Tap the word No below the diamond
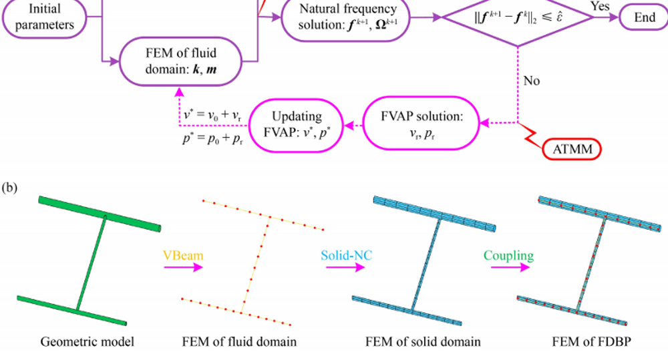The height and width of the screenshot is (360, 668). click(x=532, y=81)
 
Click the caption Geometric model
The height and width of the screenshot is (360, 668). click(x=87, y=342)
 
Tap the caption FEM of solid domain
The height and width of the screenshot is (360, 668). click(x=423, y=342)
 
